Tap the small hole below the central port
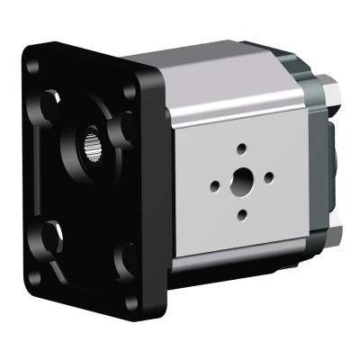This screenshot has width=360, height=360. click(x=242, y=214)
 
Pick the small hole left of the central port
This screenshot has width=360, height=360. click(x=215, y=186)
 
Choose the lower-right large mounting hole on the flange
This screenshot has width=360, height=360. click(x=125, y=260)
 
